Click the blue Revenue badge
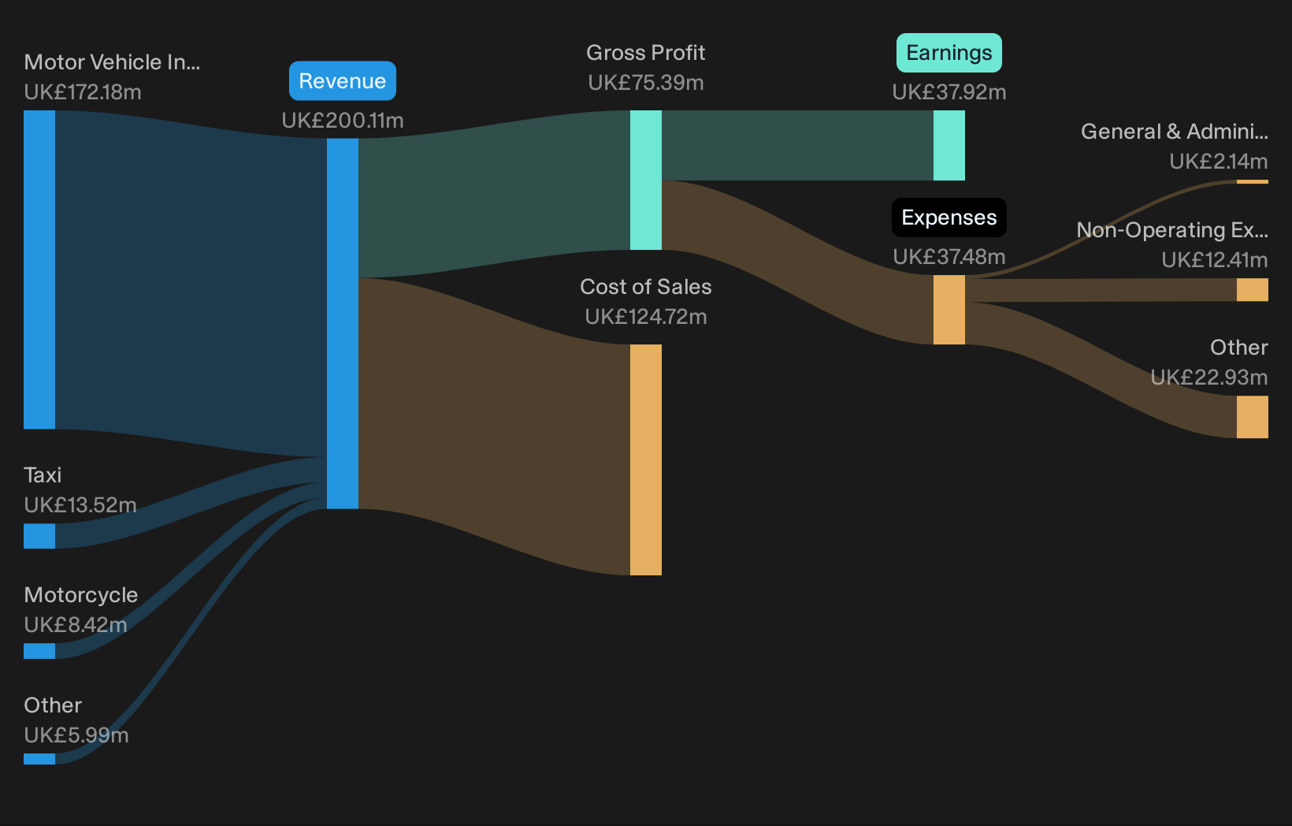click(x=343, y=81)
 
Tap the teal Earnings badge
click(x=949, y=53)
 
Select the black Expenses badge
click(x=949, y=218)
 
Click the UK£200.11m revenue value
click(x=343, y=121)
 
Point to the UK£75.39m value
click(x=646, y=83)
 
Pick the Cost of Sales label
click(x=646, y=286)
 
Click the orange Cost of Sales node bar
click(x=646, y=460)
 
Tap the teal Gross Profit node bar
click(x=646, y=180)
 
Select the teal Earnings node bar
click(x=949, y=146)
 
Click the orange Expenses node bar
click(x=949, y=310)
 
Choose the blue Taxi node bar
click(x=39, y=536)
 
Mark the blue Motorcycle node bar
click(x=39, y=651)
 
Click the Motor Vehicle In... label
click(x=112, y=62)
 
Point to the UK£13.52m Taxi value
click(x=80, y=505)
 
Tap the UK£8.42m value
click(x=76, y=625)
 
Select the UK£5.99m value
click(x=76, y=735)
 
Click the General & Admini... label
click(x=1175, y=132)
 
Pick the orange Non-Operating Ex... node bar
click(x=1252, y=290)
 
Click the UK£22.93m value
click(x=1209, y=378)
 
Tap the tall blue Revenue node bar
click(x=343, y=324)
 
